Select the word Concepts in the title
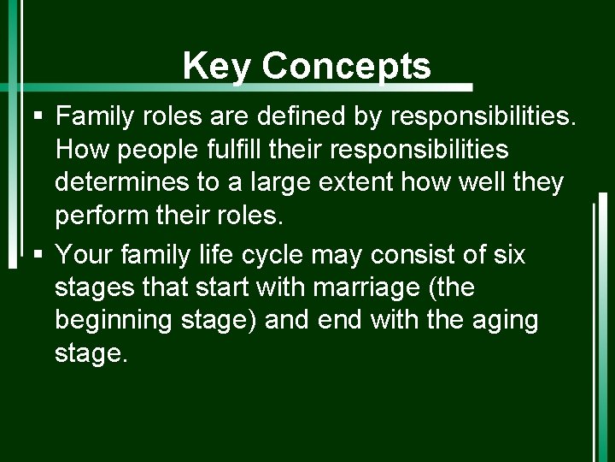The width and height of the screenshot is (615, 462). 347,65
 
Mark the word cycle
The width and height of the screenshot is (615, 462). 276,255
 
